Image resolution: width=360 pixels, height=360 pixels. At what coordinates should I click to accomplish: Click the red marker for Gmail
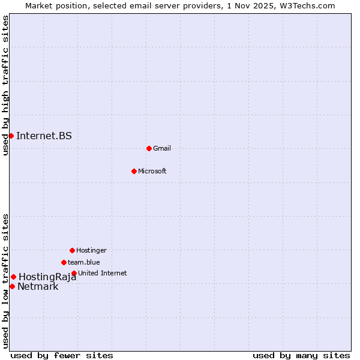coord(149,148)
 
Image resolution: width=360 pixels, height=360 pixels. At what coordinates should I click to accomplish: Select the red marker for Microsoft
coord(134,171)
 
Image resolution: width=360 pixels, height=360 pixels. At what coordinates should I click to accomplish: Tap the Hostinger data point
coord(72,250)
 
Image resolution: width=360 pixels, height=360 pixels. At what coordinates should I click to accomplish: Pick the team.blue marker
coord(64,262)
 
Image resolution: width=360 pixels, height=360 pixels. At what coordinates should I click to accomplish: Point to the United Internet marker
coord(74,273)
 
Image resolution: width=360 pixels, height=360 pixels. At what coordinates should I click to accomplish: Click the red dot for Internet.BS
coord(11,136)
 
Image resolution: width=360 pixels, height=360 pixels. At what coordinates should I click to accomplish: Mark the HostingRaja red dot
coord(13,277)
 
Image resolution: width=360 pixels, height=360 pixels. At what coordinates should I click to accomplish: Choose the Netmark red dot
coord(12,286)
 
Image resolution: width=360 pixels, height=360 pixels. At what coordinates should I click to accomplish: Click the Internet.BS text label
coord(44,136)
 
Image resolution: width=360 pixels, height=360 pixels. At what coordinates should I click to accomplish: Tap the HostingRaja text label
coord(47,277)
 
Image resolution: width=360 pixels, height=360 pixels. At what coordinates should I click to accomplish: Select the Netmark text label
coord(38,286)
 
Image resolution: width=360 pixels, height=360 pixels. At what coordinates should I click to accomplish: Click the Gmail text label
coord(162,148)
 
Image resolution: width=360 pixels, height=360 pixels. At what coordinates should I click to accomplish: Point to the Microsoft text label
coord(152,171)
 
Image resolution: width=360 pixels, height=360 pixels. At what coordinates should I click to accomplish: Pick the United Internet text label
coord(103,273)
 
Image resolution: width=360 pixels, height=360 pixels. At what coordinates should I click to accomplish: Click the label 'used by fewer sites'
coord(62,355)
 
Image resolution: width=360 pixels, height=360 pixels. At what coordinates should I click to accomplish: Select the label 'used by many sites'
coord(301,355)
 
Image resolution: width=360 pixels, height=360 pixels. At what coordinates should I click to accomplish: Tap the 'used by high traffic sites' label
coord(5,85)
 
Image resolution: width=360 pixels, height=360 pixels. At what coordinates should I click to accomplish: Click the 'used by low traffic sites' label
coord(5,280)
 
